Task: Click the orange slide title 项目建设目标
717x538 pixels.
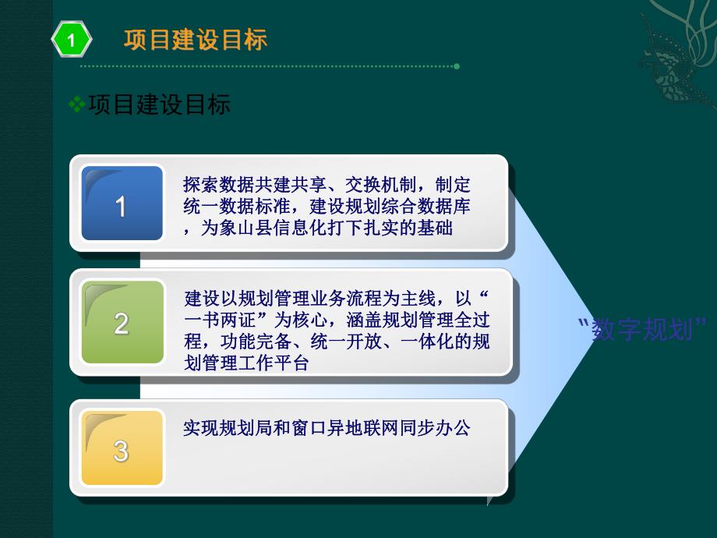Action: click(x=195, y=40)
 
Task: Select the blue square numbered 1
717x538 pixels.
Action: click(x=122, y=204)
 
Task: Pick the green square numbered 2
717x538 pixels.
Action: click(x=122, y=322)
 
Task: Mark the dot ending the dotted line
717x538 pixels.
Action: click(x=457, y=66)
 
